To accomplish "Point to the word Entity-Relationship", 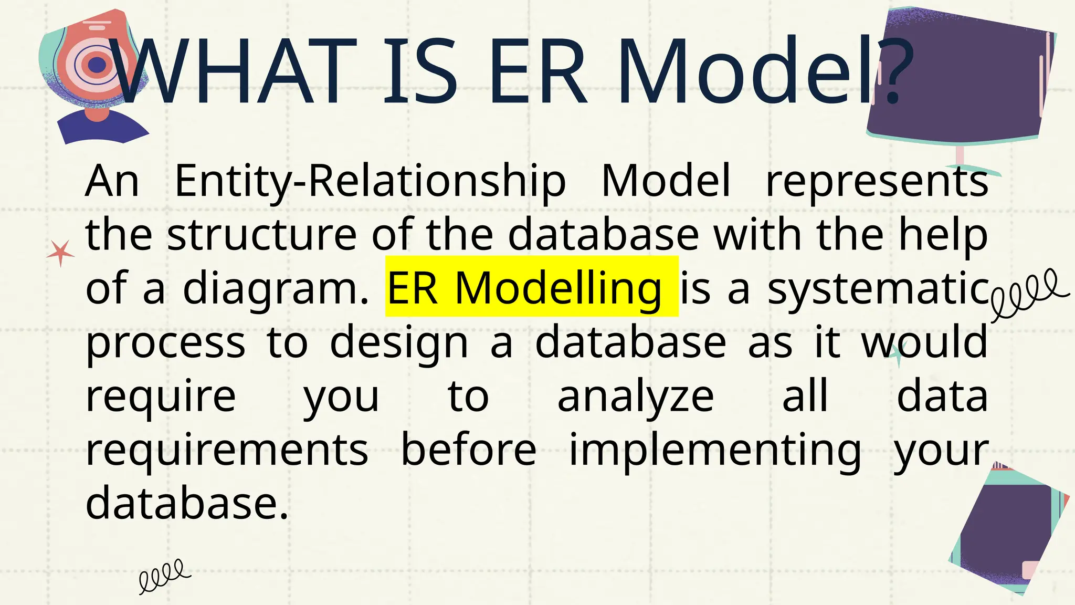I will tap(370, 181).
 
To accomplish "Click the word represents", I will tap(877, 181).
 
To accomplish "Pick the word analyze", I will tap(635, 397).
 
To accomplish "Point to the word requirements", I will tap(227, 450).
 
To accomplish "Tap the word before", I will tap(468, 450).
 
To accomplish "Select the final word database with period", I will tap(187, 503).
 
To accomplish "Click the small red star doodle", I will tap(60, 253).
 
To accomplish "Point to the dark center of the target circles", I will tap(97, 65).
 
